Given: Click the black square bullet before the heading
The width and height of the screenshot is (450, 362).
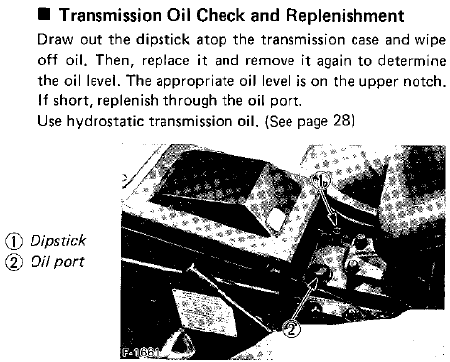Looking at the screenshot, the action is (44, 15).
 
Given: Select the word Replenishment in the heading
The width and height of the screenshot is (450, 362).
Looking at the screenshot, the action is (345, 16).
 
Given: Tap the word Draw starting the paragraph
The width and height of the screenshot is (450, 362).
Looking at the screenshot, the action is (55, 40).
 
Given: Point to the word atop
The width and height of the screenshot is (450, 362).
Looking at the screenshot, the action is (212, 40).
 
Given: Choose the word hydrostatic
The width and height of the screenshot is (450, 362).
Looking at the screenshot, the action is (105, 121).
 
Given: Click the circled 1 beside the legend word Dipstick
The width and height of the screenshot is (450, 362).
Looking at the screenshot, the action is (14, 241).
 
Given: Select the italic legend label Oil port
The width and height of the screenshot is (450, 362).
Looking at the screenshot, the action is (57, 262).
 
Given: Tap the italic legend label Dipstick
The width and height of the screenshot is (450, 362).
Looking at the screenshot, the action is (58, 241).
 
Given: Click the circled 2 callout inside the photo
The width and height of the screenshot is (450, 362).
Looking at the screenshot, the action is (291, 330).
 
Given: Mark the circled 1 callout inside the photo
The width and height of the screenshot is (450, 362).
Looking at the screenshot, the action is (320, 180).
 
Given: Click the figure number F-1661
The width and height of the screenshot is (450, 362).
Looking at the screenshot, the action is (139, 353).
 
